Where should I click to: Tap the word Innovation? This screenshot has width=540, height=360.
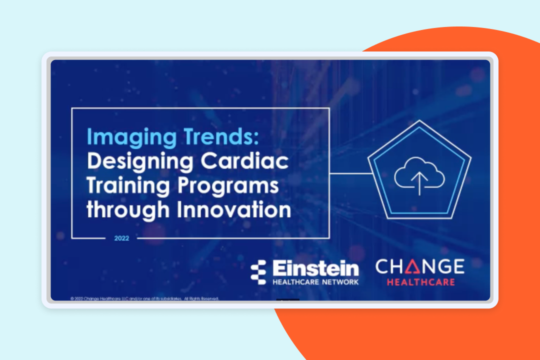pos(234,209)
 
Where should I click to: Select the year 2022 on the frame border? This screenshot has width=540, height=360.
pos(121,238)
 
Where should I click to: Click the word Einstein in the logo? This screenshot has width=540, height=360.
pos(316,268)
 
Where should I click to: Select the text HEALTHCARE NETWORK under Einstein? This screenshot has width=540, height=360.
pos(316,282)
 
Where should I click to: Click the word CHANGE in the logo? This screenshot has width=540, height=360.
pos(419,266)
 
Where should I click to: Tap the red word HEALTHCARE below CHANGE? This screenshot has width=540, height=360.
pos(419,282)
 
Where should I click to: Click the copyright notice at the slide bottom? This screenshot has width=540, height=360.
pos(145,298)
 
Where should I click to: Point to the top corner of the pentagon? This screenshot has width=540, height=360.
pos(419,121)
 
